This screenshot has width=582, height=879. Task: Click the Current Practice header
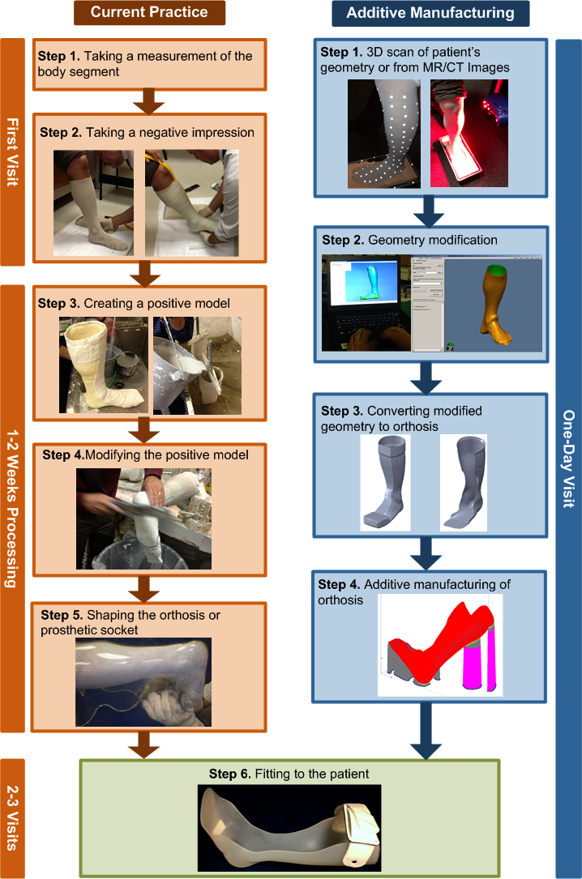coord(148,12)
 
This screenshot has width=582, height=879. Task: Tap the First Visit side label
coord(13,151)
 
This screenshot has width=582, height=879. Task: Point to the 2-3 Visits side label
coord(13,817)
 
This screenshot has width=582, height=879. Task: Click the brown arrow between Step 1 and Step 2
coord(149,103)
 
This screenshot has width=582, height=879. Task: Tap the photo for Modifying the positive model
coord(144,518)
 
